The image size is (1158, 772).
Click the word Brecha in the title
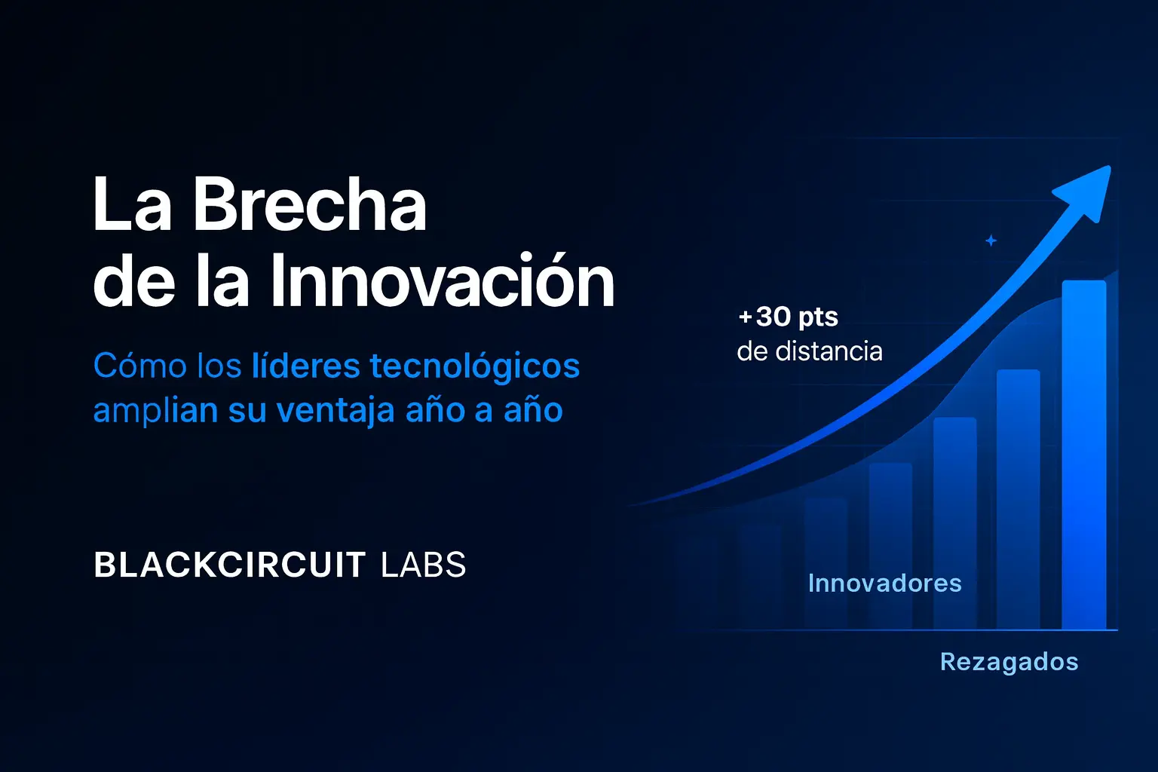click(x=310, y=204)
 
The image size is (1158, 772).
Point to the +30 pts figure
click(x=789, y=317)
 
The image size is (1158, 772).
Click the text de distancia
click(x=810, y=351)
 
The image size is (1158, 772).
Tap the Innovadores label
click(x=884, y=584)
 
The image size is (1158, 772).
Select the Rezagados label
click(x=1009, y=662)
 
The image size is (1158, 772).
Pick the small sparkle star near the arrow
click(x=991, y=240)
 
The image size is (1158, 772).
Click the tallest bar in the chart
click(x=1084, y=455)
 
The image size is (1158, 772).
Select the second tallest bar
click(x=1019, y=500)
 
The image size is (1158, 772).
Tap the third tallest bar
click(x=955, y=523)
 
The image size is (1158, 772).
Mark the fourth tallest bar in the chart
click(x=890, y=546)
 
